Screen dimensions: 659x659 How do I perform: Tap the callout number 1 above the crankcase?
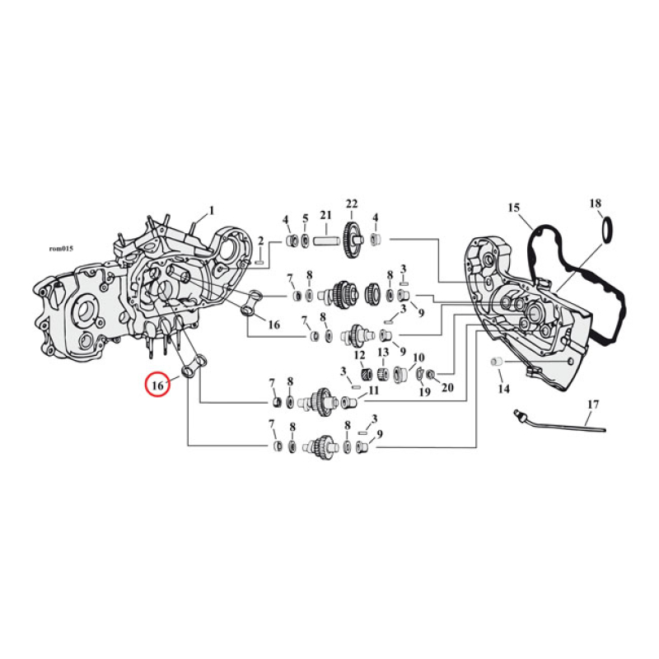211,210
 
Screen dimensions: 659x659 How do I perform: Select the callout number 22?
352,203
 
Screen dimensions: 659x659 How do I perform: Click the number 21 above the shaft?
325,216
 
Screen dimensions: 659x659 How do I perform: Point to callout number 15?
514,208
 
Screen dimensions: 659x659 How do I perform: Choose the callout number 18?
596,203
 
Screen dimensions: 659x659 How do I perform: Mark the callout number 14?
504,388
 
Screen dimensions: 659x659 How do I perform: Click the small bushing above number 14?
497,362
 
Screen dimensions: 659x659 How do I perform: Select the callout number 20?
448,387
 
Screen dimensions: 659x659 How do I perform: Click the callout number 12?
359,355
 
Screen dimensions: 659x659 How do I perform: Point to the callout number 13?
383,353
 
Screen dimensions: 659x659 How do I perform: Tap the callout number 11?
373,390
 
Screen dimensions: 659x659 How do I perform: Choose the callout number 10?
418,358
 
